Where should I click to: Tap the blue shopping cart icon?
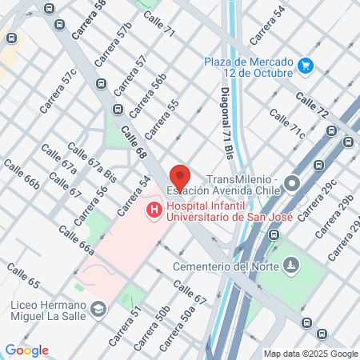coord(304,65)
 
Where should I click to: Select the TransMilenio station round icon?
coord(293,183)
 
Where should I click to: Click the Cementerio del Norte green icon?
coord(290,264)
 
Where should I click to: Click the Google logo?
coord(27,350)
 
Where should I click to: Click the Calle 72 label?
coord(311,106)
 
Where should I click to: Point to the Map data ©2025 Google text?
coord(311,354)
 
